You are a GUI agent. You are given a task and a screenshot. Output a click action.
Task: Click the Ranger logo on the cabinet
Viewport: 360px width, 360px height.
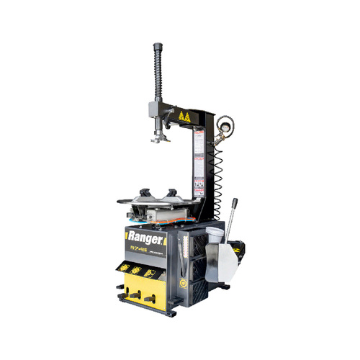pyautogui.click(x=145, y=235)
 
